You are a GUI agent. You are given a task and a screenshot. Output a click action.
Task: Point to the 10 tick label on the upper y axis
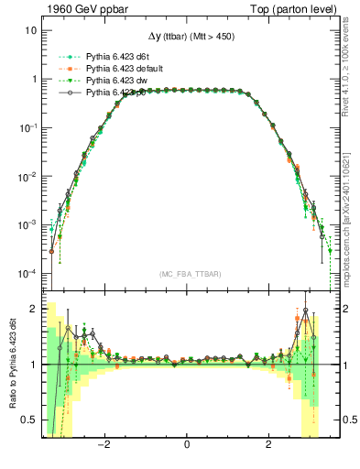coord(30,30)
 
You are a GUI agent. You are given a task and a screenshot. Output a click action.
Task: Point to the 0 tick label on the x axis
coord(187,445)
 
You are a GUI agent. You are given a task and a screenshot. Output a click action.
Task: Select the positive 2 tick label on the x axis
coord(268,445)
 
